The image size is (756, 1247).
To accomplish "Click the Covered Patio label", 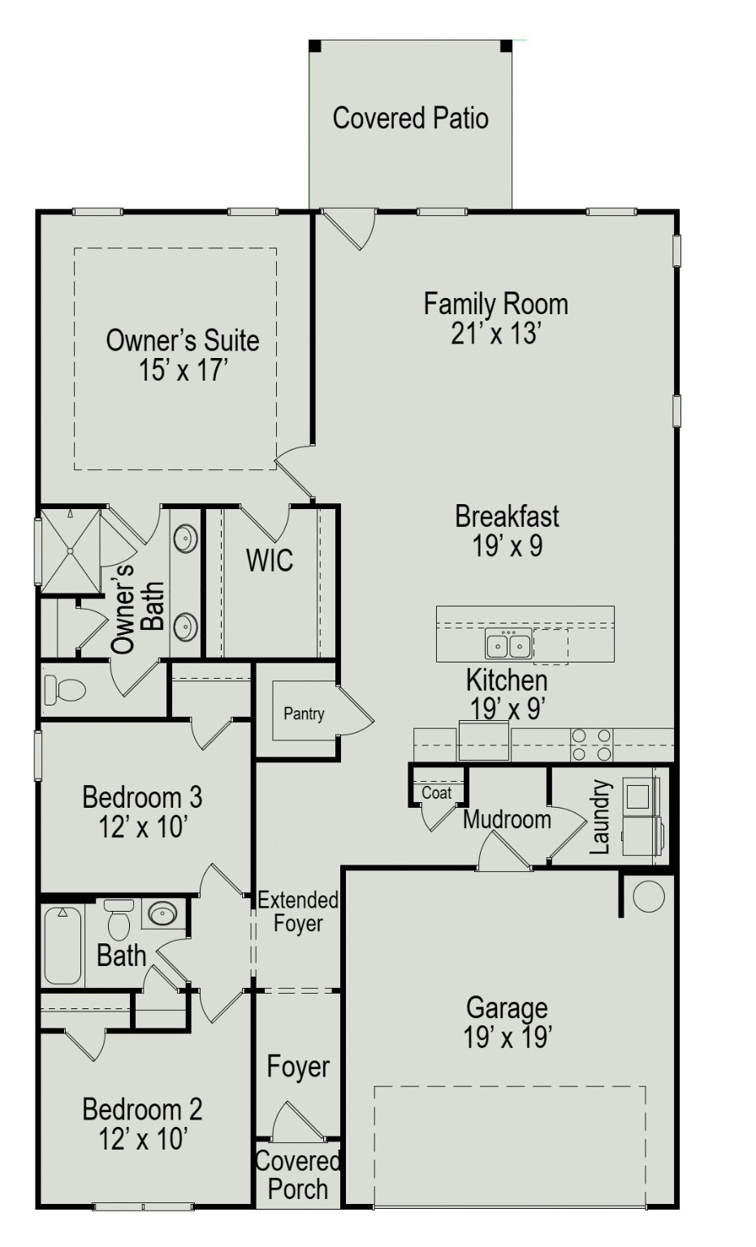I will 410,119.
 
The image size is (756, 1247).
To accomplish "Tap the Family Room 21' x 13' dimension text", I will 495,333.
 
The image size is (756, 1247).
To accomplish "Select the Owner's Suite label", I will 183,340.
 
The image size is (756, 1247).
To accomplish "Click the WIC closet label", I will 270,560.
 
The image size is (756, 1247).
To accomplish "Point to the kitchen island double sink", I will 508,645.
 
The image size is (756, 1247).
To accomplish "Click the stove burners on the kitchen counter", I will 591,744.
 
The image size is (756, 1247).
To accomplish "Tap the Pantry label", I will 304,714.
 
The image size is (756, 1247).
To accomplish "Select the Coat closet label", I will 436,792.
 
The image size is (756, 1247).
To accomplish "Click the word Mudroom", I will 507,819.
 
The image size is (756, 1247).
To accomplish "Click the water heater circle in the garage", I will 648,896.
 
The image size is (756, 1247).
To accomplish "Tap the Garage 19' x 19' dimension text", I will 508,1037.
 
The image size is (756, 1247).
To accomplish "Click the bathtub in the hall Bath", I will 63,945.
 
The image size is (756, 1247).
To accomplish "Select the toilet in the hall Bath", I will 119,922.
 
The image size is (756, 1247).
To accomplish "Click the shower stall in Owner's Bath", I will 71,550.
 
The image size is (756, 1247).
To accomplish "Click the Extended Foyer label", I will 297,912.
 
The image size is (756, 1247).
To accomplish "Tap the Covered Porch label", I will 297,1176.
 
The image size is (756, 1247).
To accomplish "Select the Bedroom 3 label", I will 142,797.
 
